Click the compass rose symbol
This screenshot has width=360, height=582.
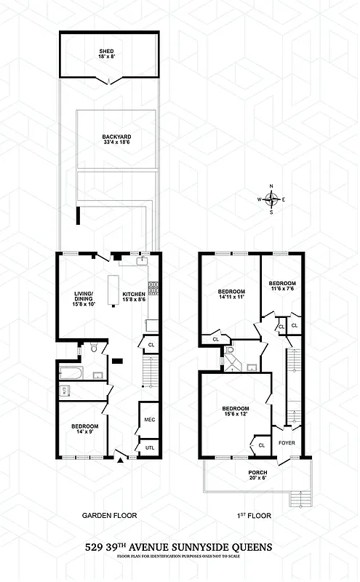coord(271,199)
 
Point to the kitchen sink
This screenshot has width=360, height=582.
coord(144,261)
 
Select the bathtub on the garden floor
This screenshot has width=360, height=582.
coord(71,375)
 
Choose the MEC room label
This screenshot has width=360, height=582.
coord(150,419)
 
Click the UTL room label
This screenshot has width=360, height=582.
coord(150,447)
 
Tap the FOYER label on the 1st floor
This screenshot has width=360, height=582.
coord(287,442)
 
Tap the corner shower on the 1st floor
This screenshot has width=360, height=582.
coord(229,352)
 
